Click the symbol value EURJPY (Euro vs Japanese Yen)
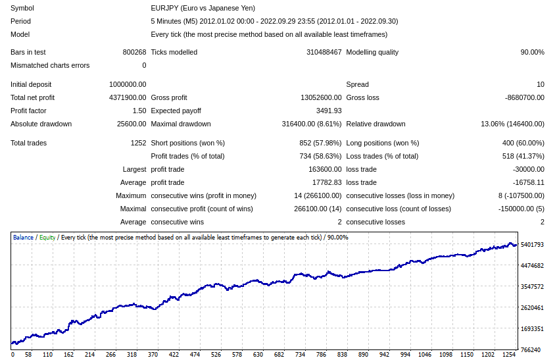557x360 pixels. click(x=203, y=8)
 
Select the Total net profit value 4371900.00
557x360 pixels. click(x=128, y=97)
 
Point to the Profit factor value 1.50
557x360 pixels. click(x=139, y=111)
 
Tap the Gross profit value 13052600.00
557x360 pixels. click(x=321, y=97)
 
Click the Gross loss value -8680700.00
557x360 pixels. click(x=524, y=97)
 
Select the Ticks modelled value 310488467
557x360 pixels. click(x=324, y=52)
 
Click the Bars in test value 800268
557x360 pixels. click(x=134, y=52)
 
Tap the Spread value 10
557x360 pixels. click(x=540, y=84)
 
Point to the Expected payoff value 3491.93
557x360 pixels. click(x=329, y=111)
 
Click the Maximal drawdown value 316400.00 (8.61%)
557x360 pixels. click(x=312, y=124)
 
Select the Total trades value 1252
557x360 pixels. click(x=138, y=143)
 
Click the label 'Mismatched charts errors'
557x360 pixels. click(x=50, y=65)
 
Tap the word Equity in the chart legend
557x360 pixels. click(x=47, y=238)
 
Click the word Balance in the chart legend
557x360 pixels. click(x=23, y=238)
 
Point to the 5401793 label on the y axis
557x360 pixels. click(x=532, y=245)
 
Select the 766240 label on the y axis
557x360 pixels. click(x=531, y=349)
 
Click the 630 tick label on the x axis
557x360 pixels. click(x=258, y=355)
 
